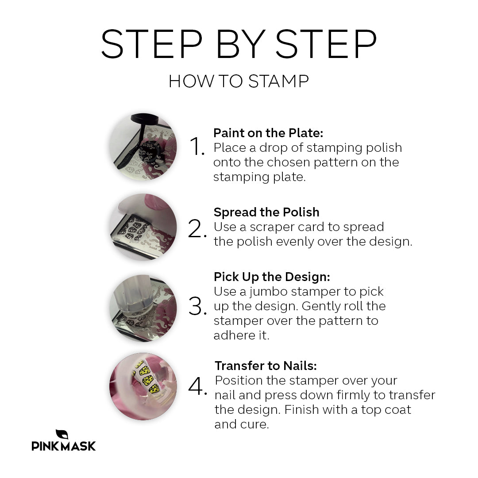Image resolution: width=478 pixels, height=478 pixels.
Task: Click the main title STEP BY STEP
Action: (x=239, y=44)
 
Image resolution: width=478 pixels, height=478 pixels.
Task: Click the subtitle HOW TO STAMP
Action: (x=239, y=82)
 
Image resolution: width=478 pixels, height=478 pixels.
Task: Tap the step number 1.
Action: (x=197, y=147)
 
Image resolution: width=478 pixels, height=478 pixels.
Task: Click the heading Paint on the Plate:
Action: (x=268, y=133)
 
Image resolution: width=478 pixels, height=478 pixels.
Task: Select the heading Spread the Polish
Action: (x=266, y=212)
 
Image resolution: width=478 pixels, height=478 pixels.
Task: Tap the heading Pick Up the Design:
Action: (x=272, y=277)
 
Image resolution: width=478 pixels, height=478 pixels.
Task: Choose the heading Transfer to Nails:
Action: (x=266, y=366)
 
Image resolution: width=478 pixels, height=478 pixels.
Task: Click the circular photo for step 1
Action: (x=143, y=147)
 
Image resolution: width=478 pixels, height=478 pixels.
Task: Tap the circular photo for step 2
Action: (x=143, y=227)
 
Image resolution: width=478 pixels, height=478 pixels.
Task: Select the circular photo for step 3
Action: (x=143, y=308)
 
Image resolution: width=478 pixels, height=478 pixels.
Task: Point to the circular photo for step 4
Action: (x=143, y=386)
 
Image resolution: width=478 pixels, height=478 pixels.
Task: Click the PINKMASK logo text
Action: (x=64, y=446)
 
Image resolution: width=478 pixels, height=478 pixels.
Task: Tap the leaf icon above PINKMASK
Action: (x=62, y=434)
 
